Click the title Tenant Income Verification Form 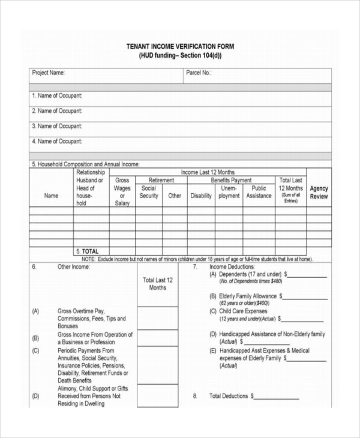(180, 46)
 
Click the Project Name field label (48, 73)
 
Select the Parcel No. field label (199, 73)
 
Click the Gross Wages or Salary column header (122, 191)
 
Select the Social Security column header (149, 192)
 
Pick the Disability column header (201, 196)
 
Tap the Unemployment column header (229, 192)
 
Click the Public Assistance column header (259, 192)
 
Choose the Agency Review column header (319, 193)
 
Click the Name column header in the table (52, 196)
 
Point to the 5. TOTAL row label (88, 251)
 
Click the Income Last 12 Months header (208, 172)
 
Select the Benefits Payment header (231, 180)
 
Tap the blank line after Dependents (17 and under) (307, 274)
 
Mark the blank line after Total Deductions (277, 397)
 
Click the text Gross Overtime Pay (81, 311)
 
